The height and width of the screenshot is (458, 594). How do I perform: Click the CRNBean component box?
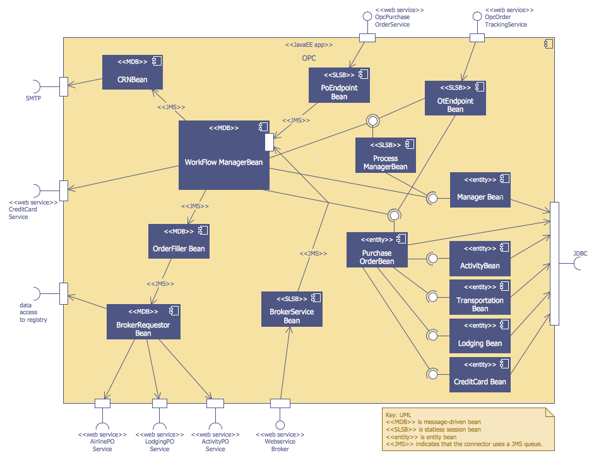(133, 72)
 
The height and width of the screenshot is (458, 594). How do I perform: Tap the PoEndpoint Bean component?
(339, 85)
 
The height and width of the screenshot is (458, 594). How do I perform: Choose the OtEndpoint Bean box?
(455, 98)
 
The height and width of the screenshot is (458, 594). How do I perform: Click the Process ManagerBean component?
(385, 155)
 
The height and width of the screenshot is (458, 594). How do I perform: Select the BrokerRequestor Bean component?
(143, 321)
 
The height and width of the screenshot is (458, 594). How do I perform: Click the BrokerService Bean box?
(292, 309)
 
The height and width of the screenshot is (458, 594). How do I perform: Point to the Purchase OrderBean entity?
(377, 250)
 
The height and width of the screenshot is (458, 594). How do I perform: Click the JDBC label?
(580, 254)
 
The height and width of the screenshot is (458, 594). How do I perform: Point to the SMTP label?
(33, 98)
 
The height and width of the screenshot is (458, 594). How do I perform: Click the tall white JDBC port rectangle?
(554, 264)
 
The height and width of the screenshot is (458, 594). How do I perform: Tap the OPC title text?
(309, 58)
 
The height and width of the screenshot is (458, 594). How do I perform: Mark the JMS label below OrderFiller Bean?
(160, 284)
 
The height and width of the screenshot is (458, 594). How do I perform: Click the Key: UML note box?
(465, 430)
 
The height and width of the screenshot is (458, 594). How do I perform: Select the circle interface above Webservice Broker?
(280, 425)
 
